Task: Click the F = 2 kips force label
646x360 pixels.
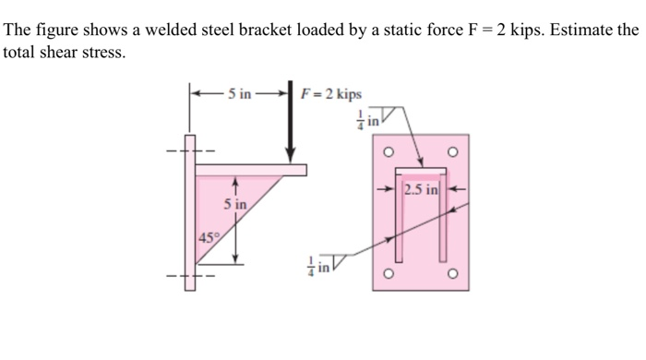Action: (331, 94)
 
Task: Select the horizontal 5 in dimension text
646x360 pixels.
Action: (240, 93)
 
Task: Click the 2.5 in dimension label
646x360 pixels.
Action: (420, 191)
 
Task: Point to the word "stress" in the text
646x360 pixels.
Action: (101, 53)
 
